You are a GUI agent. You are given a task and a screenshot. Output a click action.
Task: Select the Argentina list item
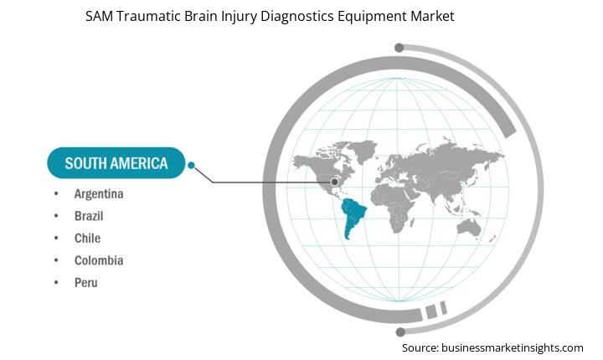coord(99,194)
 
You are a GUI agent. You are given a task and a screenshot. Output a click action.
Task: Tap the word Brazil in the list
coord(89,216)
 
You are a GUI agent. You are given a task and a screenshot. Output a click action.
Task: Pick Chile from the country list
coord(87,239)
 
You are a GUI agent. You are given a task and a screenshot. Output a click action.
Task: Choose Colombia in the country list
coord(99,260)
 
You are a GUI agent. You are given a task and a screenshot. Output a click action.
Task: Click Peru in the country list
coord(85,283)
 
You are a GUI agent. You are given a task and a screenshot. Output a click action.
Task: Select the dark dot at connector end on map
coord(335,182)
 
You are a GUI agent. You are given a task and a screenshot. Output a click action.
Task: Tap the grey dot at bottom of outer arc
coord(399,332)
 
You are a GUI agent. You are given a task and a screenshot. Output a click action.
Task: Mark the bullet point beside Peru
coord(56,283)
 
